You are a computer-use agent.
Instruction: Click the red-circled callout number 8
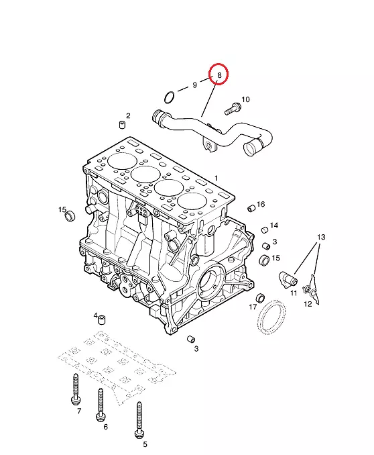[219, 75]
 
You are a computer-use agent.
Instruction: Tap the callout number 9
[195, 85]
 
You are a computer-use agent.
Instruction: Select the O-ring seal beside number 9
[170, 97]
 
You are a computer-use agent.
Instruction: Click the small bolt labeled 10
[233, 109]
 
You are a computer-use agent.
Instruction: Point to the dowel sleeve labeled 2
[123, 125]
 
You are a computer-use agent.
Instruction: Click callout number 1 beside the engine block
[216, 178]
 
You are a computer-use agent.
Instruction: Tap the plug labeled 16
[251, 208]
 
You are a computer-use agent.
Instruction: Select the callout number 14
[274, 225]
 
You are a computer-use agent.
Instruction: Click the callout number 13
[321, 238]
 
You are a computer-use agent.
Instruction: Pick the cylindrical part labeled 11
[288, 280]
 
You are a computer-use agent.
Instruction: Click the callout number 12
[308, 304]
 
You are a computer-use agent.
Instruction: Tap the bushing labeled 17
[260, 298]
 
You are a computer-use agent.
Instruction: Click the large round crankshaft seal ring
[271, 317]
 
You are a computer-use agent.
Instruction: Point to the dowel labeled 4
[101, 319]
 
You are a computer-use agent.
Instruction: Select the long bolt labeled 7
[75, 389]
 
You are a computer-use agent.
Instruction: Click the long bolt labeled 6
[101, 405]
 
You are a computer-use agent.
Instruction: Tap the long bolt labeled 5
[139, 420]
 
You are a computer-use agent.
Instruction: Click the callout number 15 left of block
[62, 210]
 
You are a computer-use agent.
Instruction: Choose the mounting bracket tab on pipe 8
[209, 145]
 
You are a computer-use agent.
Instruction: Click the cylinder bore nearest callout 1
[192, 201]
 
